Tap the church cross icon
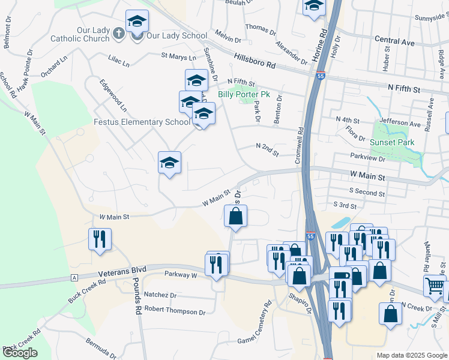(x=119, y=35)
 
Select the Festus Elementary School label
(x=142, y=122)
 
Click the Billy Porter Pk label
(x=244, y=94)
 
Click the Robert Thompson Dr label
(x=175, y=312)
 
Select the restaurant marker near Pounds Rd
(x=100, y=239)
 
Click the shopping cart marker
(x=435, y=286)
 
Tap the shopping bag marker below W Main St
(x=236, y=217)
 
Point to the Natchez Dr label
(x=161, y=296)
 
